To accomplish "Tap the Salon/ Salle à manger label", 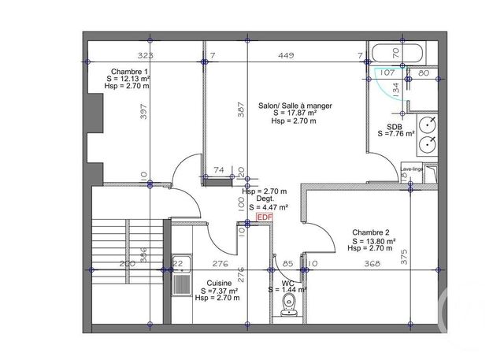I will [295, 105].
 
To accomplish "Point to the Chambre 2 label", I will [371, 232].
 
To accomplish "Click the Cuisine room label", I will [219, 283].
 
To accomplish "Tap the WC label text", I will [287, 282].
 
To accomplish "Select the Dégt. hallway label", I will [264, 199].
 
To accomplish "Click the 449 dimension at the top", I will [285, 56].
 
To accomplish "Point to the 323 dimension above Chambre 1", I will [145, 56].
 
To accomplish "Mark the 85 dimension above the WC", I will [288, 264].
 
